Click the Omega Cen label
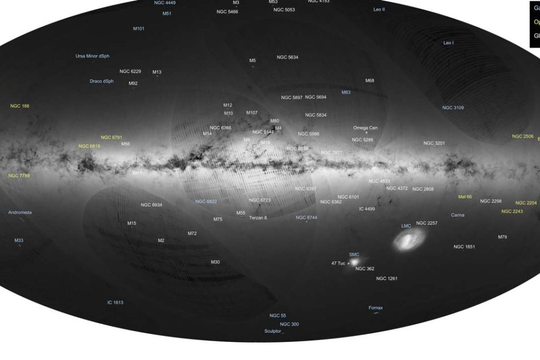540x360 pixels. tap(365, 128)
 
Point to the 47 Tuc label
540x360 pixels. tap(338, 263)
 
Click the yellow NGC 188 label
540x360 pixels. tap(20, 106)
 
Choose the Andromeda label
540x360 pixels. tap(20, 212)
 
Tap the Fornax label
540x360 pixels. tap(375, 308)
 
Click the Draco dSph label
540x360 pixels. tap(102, 81)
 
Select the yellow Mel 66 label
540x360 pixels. tap(465, 196)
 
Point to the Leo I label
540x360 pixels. tap(448, 42)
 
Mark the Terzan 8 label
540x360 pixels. tap(258, 218)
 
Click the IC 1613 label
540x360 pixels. tap(115, 302)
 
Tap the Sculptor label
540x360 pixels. tap(273, 331)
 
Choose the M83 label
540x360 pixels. tap(346, 92)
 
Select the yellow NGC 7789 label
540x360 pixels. tap(19, 175)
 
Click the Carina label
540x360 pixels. tap(457, 215)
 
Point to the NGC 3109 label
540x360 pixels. tap(453, 107)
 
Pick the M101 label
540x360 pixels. tap(139, 29)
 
